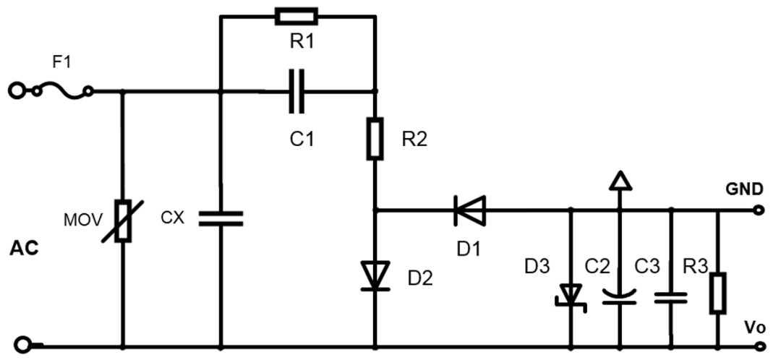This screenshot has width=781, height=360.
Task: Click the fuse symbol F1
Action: (61, 89)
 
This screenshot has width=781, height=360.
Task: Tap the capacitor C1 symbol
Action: (296, 92)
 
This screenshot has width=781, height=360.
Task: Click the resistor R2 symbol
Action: (375, 138)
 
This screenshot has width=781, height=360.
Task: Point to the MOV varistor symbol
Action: (122, 221)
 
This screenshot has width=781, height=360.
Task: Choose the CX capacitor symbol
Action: (221, 218)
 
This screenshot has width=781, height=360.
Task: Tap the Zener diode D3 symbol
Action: (571, 296)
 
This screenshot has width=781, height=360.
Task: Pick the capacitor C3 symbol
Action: (670, 296)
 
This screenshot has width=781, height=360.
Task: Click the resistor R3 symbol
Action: (717, 293)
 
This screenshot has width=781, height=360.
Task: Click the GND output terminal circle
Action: (758, 211)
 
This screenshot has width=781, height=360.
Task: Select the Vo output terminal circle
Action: (758, 345)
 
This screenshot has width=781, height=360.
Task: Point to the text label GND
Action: (744, 190)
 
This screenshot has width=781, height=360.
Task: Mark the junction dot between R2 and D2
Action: (375, 211)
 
